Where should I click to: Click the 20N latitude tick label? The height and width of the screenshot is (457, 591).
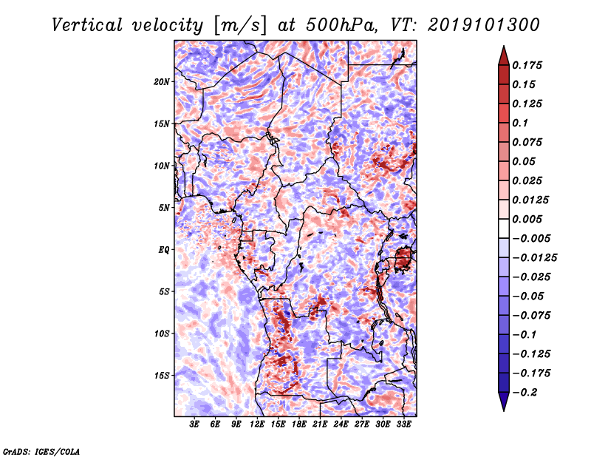point(162,81)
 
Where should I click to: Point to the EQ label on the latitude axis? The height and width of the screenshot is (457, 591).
point(164,249)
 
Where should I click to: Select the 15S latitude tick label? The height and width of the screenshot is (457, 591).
point(162,375)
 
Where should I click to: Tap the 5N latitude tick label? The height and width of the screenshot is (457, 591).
point(164,207)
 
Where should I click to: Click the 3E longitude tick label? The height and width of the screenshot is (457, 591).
point(194,425)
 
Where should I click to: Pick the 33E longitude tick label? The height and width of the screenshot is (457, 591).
point(403,425)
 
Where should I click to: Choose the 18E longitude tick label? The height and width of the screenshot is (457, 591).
point(299,425)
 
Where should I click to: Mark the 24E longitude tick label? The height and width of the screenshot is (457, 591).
point(341,425)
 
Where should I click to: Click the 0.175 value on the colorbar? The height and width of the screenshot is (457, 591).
point(530,65)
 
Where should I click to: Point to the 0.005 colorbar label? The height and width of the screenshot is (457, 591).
point(530,219)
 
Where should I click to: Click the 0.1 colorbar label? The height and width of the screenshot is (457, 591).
point(522,123)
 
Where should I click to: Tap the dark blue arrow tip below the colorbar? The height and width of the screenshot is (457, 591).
point(502,405)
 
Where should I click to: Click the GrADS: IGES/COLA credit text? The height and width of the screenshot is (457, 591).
point(41,450)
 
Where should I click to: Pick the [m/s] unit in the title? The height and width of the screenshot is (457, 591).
point(236,24)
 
